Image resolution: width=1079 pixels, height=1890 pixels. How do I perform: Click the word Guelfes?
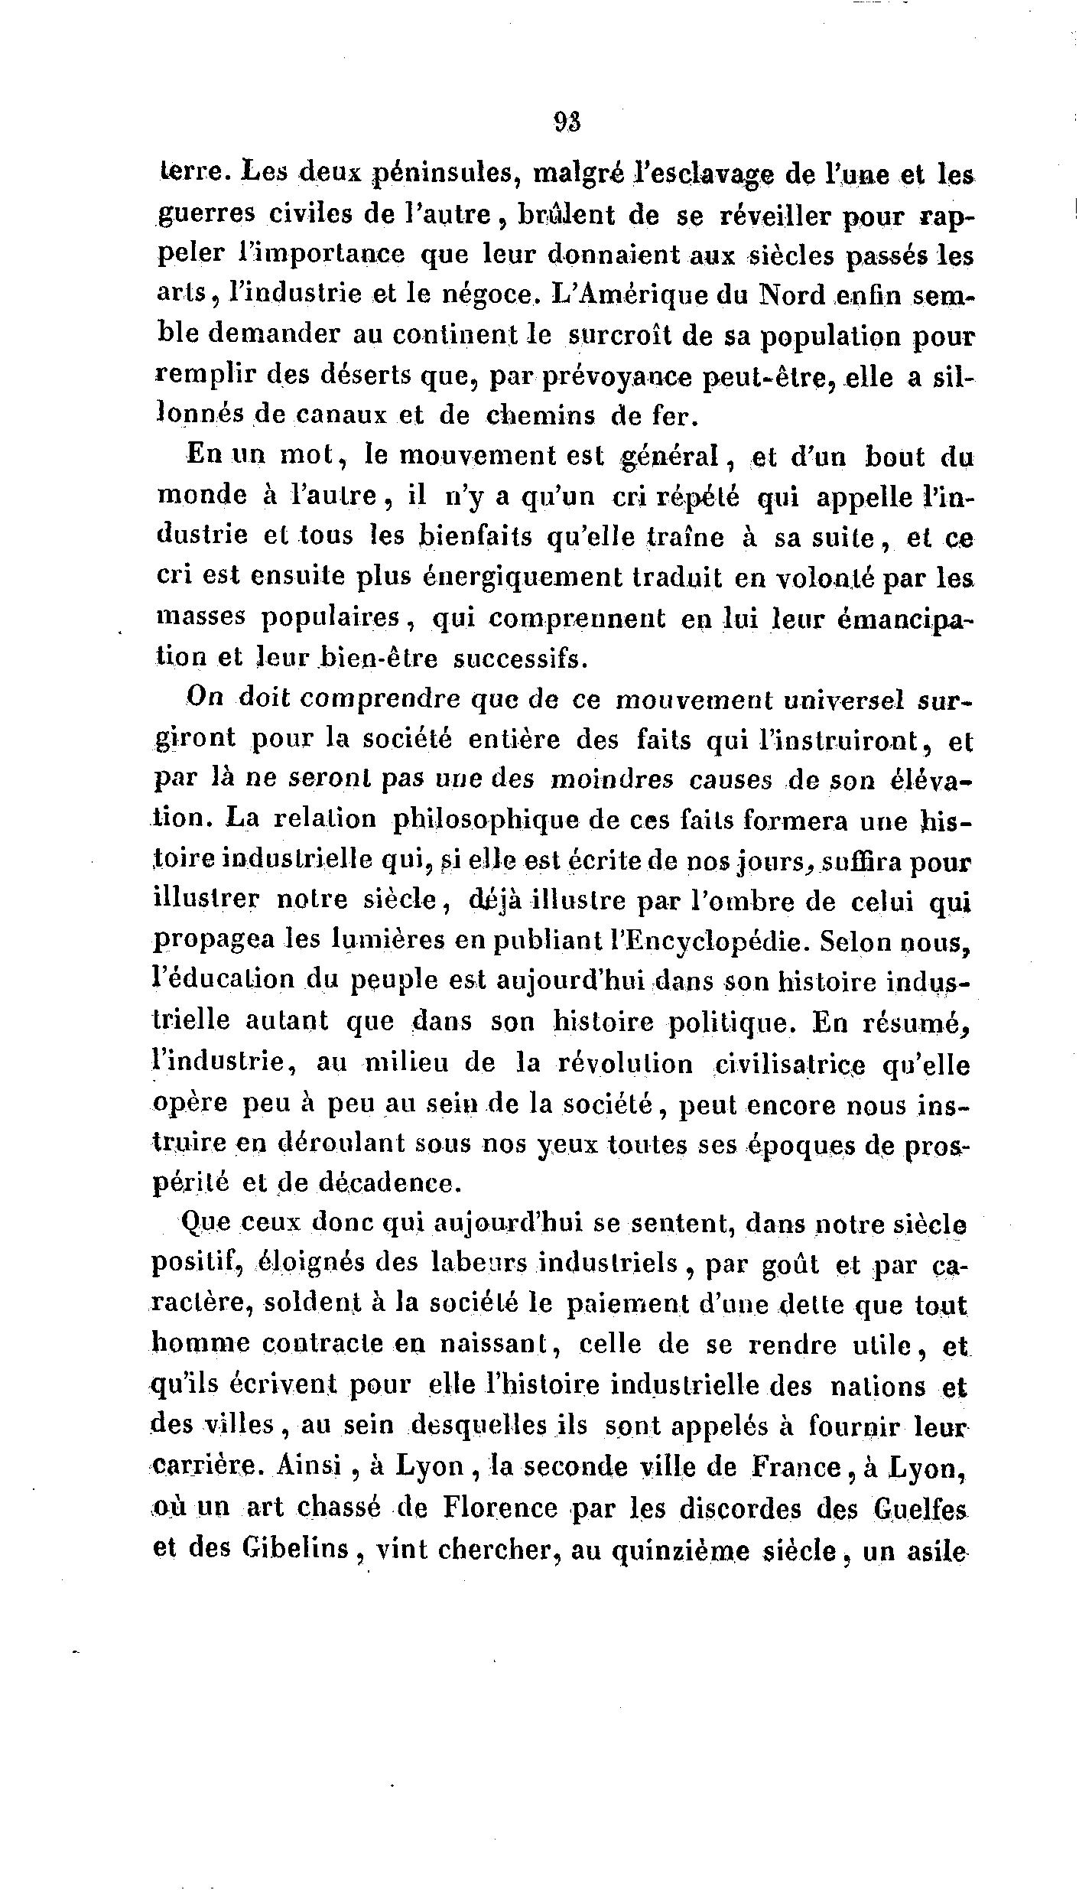click(x=921, y=1509)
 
